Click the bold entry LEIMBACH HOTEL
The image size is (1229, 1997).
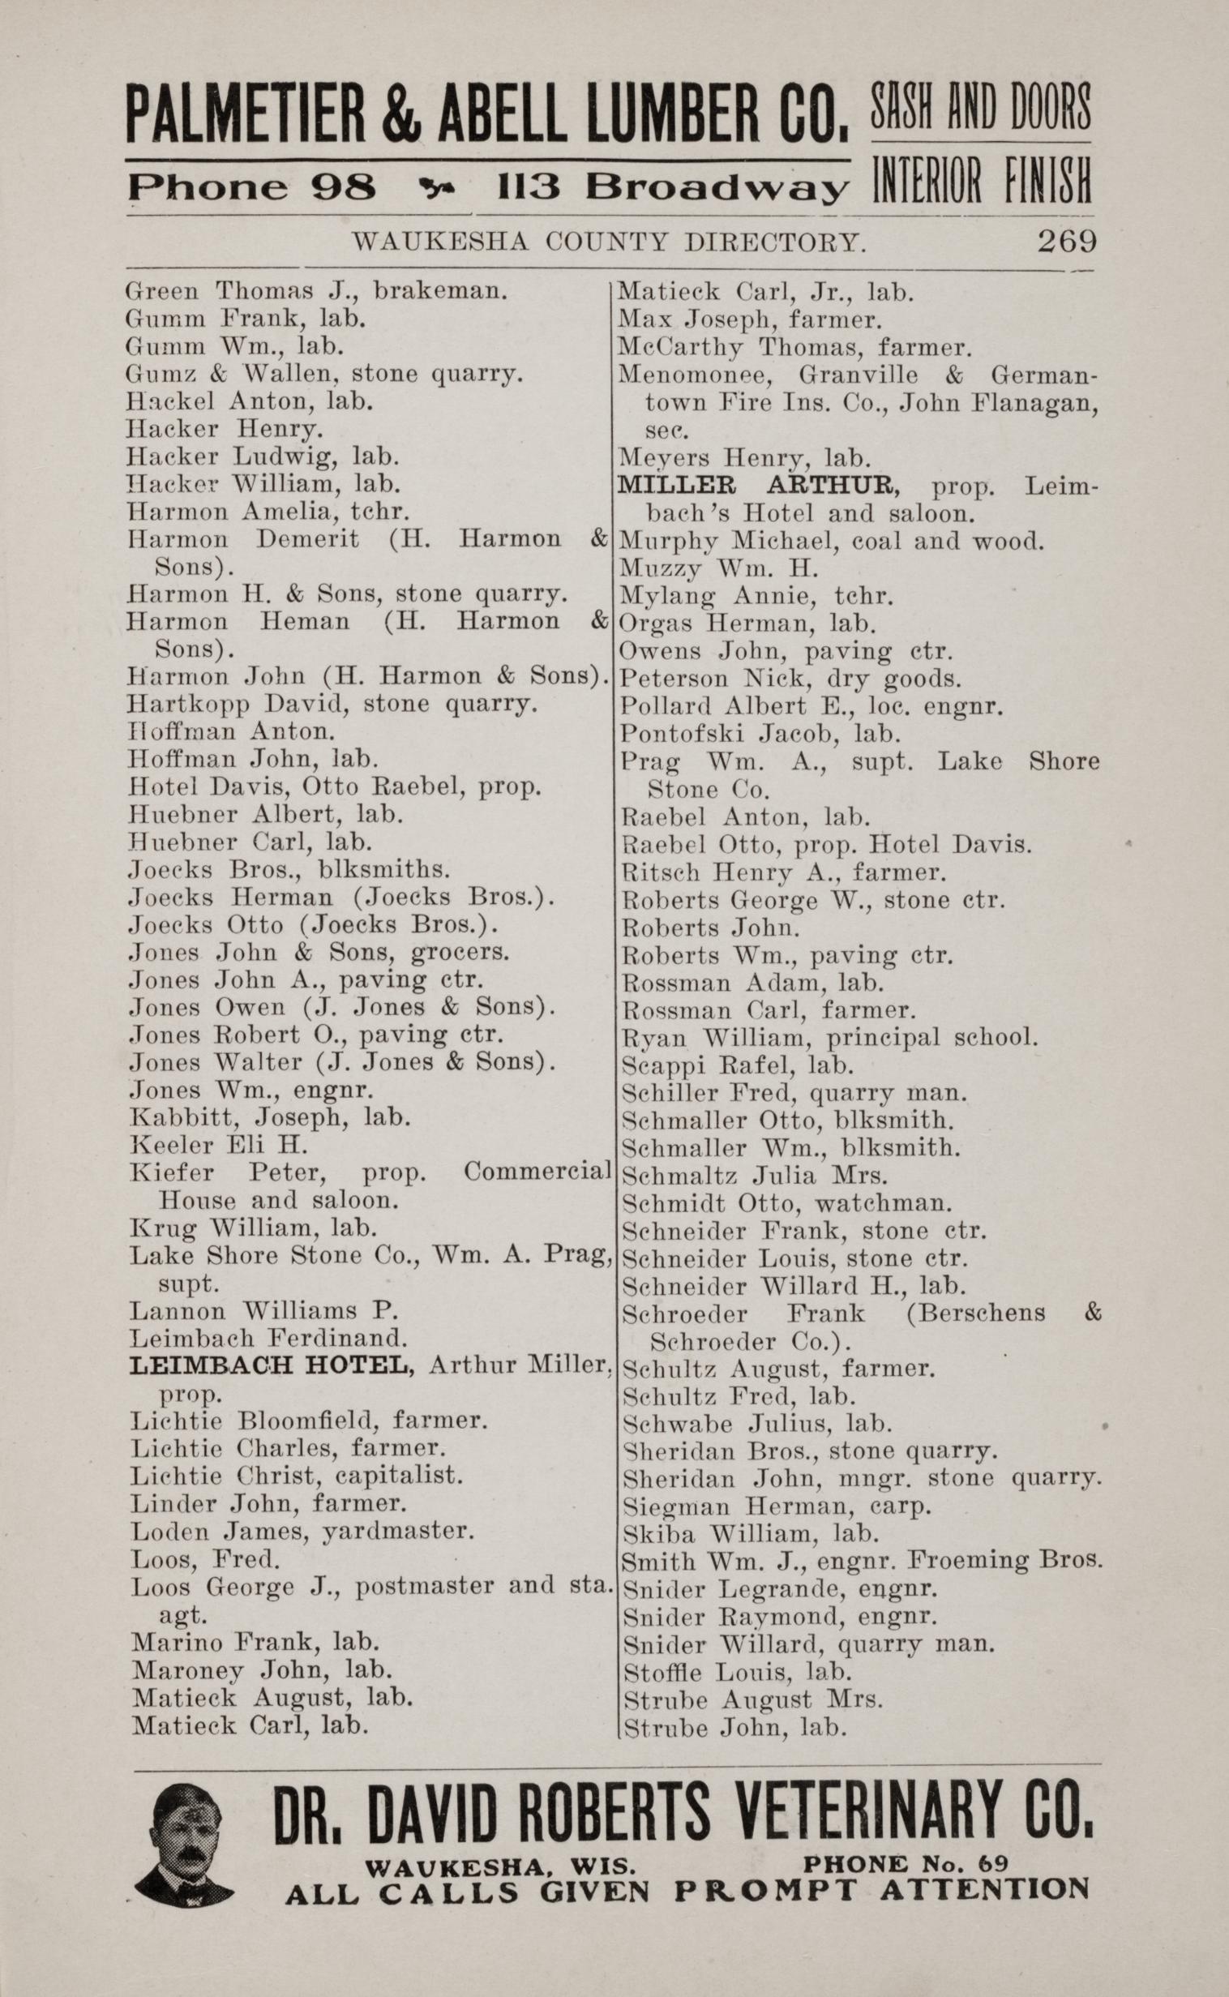[272, 1366]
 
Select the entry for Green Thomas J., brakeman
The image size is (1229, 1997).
[317, 290]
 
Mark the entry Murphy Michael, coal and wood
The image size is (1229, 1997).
[831, 542]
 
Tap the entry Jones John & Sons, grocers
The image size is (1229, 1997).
[319, 953]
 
